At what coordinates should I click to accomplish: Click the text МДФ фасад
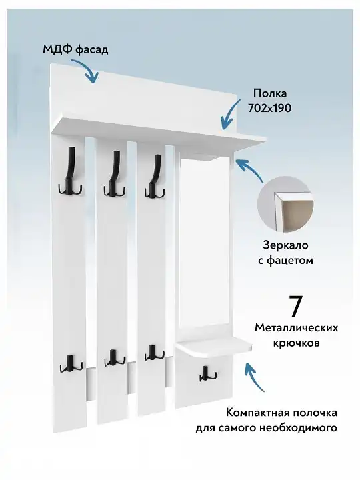coord(75,49)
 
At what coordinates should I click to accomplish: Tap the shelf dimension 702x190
coord(270,108)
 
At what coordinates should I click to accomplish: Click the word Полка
coord(270,93)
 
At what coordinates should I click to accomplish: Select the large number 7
coord(295,306)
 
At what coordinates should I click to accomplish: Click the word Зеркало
coord(285,245)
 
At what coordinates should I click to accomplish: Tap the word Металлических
coord(296,328)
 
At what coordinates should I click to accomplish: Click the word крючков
coord(296,343)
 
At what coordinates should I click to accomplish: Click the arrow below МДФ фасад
coord(87,70)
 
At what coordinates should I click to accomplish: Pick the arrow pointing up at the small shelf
coord(254,377)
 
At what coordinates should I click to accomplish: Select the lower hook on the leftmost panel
coord(71,364)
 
